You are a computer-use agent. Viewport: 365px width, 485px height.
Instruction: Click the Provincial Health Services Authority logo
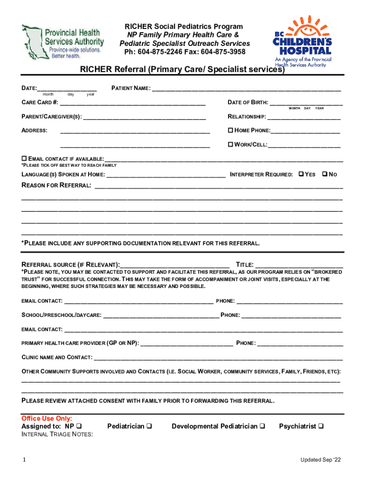63,41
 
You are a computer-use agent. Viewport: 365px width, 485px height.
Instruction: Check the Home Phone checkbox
231,130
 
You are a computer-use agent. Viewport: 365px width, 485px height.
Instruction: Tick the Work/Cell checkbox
231,144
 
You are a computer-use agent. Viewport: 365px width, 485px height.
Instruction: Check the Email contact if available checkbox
25,158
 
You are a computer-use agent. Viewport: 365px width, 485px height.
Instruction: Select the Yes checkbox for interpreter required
301,174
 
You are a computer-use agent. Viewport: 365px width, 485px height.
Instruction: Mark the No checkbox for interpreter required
324,174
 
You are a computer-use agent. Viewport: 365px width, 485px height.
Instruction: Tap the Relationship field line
304,117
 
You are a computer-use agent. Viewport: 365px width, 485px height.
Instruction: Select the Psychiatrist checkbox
321,426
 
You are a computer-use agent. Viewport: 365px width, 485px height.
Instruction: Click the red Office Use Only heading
47,418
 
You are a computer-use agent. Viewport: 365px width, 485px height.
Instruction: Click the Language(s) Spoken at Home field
166,175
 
